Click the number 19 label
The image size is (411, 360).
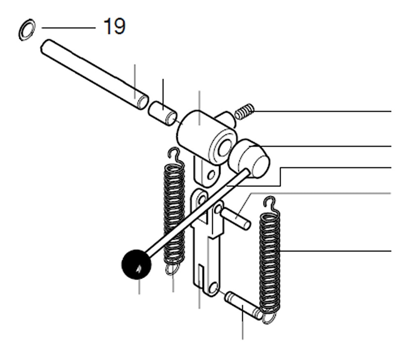[114, 28]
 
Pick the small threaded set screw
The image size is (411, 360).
[245, 111]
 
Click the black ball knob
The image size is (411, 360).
[136, 265]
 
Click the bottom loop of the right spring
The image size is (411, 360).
[270, 316]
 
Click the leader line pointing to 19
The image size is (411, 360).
[68, 28]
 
